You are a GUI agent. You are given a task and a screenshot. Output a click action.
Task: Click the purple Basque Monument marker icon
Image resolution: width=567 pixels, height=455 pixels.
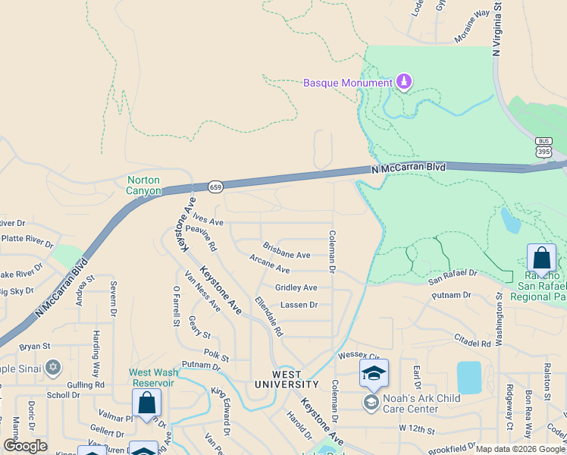point(404,82)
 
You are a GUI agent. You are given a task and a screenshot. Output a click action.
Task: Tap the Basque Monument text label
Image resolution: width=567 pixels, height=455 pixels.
point(348,83)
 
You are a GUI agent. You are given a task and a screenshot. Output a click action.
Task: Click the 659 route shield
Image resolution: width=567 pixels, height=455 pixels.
point(215,186)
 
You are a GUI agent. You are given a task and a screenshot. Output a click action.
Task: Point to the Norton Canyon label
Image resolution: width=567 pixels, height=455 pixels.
point(144,185)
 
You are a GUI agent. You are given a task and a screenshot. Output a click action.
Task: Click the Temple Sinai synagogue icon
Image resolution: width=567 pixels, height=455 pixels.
point(52,369)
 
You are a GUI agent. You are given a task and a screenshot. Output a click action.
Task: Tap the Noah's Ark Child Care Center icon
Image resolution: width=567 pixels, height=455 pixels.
point(371,400)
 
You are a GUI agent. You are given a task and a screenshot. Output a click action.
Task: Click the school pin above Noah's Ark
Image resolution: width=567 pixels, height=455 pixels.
point(374,374)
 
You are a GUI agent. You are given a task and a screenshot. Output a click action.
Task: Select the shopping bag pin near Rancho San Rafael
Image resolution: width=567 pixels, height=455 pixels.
point(542,258)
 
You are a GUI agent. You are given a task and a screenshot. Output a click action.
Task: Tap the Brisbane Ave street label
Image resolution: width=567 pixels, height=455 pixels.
point(287,251)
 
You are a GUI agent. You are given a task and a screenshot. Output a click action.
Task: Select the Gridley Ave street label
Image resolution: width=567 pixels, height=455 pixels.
point(296,287)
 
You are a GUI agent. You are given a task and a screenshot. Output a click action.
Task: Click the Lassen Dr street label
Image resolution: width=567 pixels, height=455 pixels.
point(299,305)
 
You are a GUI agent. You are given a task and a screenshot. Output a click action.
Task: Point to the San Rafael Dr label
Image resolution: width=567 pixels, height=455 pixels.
point(453,277)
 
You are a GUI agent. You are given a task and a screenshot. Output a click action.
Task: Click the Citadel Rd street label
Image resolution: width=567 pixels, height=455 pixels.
point(473,343)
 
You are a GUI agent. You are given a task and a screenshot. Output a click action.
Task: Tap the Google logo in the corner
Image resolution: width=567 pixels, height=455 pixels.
point(26,446)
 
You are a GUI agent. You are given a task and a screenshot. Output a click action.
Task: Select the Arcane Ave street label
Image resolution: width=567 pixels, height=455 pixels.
point(270,265)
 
